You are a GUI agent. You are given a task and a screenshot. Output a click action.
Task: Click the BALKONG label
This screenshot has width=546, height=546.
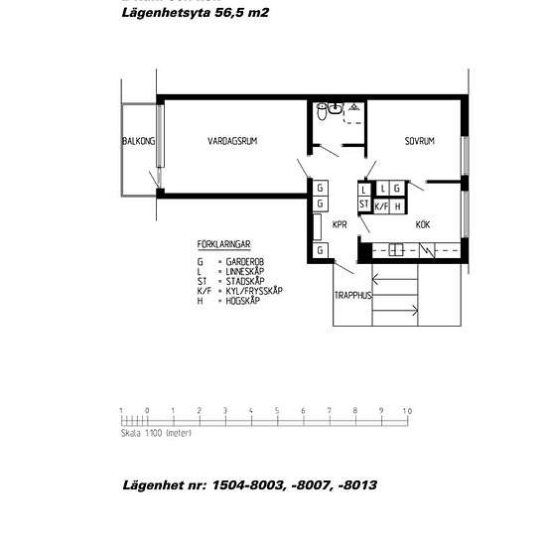point(138,142)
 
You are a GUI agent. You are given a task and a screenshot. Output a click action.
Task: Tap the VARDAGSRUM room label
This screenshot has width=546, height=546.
point(232,142)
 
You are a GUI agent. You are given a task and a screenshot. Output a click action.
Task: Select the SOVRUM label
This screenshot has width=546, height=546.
point(419,142)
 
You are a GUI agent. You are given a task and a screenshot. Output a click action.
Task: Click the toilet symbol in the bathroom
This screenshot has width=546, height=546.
point(321,113)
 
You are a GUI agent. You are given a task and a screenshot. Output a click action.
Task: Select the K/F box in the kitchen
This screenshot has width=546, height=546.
point(381,206)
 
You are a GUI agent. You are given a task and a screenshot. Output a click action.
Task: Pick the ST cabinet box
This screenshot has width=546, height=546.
point(364,205)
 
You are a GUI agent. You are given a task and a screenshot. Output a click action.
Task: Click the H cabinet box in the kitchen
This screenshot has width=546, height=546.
point(398,206)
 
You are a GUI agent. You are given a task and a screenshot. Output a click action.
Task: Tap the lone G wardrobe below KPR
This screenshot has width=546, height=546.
point(321,251)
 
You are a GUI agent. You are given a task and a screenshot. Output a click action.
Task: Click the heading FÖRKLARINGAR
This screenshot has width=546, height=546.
point(222,242)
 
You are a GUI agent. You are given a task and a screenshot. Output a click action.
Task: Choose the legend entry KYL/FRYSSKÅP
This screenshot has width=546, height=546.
point(253,290)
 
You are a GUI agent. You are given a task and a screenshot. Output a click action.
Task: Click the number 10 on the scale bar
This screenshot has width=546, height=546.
point(406,410)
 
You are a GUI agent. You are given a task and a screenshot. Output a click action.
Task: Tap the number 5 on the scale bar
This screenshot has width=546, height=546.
point(276,410)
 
